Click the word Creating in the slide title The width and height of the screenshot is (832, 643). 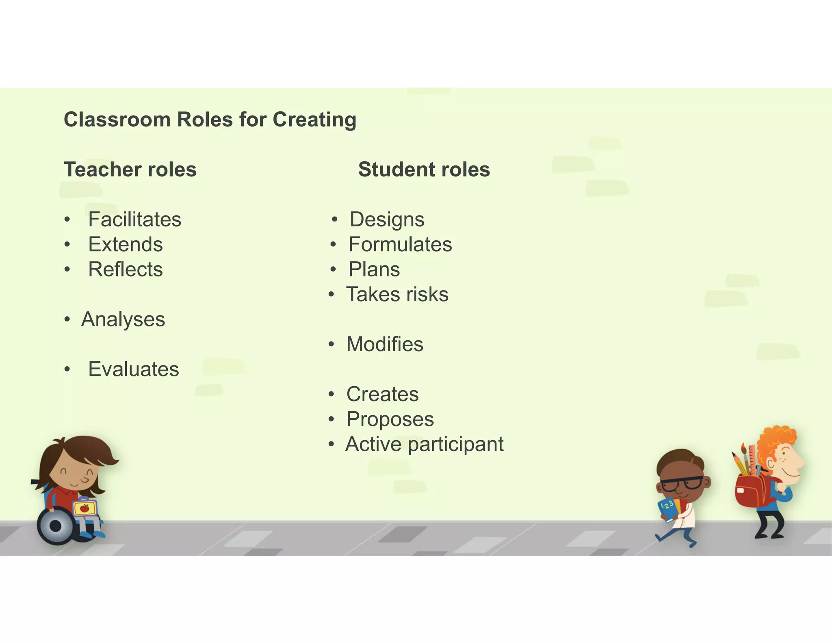(x=314, y=120)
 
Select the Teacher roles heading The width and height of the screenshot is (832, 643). (x=130, y=169)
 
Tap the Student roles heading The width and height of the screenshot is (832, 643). (x=424, y=169)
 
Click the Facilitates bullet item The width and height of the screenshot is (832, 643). (x=134, y=219)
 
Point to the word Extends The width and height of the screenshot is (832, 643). (x=125, y=245)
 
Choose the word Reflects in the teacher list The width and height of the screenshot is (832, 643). (x=125, y=269)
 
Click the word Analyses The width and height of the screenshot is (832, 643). (x=123, y=319)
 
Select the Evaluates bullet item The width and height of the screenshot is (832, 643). (x=133, y=369)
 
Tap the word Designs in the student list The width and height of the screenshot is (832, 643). (x=387, y=219)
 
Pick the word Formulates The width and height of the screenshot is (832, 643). (x=400, y=245)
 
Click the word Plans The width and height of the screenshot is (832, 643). (x=374, y=269)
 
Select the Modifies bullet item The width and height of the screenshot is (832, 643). (x=384, y=344)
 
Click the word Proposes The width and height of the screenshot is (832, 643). (x=390, y=419)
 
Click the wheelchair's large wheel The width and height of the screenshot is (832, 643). (x=56, y=526)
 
